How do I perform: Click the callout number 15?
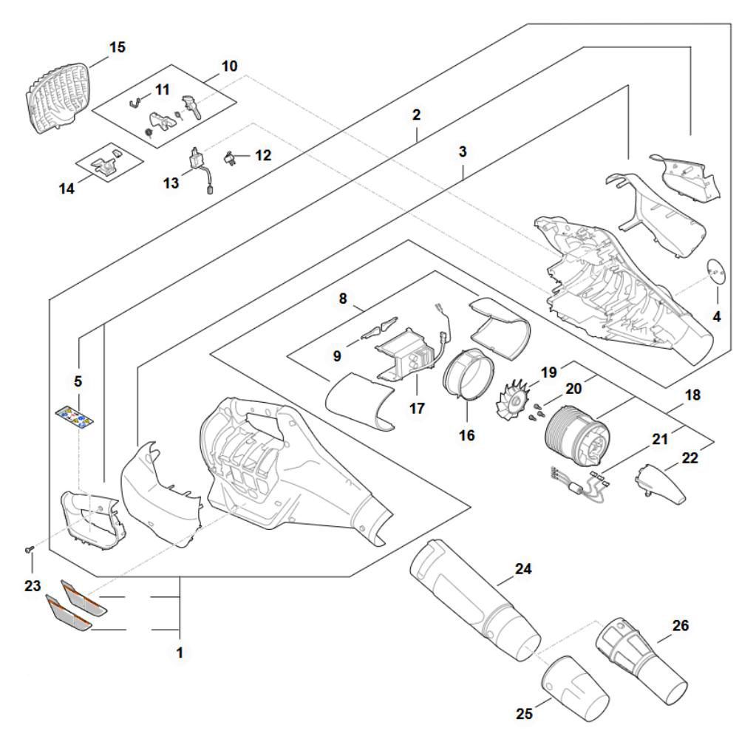pyautogui.click(x=118, y=47)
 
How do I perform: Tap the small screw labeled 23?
pyautogui.click(x=28, y=549)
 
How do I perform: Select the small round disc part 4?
pyautogui.click(x=715, y=271)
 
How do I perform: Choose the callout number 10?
pyautogui.click(x=230, y=65)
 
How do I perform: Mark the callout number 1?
pyautogui.click(x=179, y=653)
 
